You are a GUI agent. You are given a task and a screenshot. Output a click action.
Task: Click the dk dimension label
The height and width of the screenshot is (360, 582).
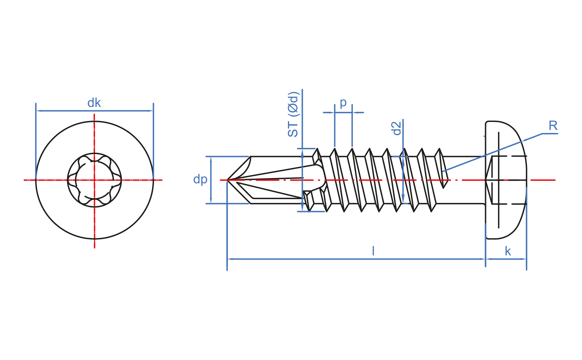94,103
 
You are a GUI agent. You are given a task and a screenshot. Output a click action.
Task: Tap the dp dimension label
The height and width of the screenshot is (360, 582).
200,179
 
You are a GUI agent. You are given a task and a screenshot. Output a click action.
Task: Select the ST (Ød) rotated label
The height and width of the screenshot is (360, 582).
293,114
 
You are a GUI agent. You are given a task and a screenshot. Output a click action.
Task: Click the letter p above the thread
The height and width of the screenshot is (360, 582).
343,103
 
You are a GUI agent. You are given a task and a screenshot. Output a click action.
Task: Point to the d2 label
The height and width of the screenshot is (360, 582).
397,128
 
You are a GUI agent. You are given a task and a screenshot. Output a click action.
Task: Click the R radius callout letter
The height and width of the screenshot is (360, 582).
553,126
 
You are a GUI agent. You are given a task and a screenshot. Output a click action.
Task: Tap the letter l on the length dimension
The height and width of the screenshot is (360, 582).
373,251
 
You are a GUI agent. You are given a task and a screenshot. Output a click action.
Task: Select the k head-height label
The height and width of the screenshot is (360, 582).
508,251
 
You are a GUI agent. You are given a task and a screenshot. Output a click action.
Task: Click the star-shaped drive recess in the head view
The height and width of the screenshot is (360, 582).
94,180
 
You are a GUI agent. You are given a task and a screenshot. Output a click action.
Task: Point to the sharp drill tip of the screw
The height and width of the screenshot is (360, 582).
227,180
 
